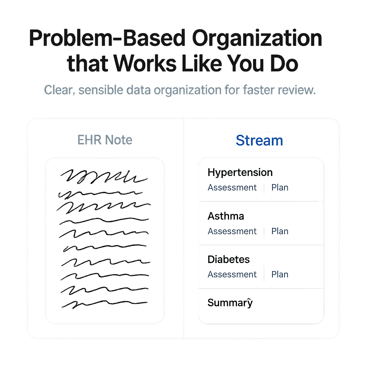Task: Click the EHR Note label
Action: click(x=105, y=140)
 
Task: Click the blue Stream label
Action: click(x=259, y=140)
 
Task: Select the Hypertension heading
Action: click(x=240, y=172)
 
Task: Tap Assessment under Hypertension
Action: click(x=232, y=187)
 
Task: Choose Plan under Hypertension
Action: click(x=280, y=187)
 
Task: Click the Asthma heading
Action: click(x=226, y=216)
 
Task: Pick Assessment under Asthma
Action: click(x=232, y=231)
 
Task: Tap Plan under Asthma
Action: click(x=280, y=231)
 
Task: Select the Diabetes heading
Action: click(x=229, y=259)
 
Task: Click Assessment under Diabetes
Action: click(x=232, y=275)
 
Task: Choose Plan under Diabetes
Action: click(x=280, y=275)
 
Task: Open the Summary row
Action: click(x=230, y=303)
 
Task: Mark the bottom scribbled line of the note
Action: click(x=104, y=304)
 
